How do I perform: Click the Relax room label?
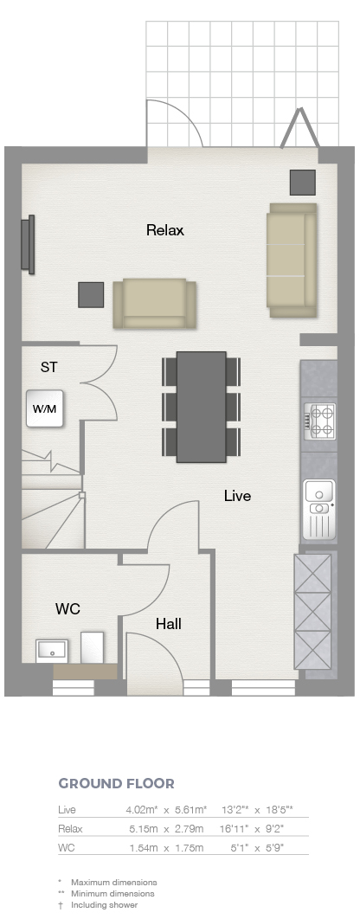click(164, 230)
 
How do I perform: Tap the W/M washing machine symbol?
click(44, 408)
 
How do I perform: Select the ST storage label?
click(48, 368)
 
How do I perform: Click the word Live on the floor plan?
click(237, 496)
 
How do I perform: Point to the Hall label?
click(168, 625)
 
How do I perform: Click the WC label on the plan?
click(67, 609)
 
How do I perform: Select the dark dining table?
click(201, 407)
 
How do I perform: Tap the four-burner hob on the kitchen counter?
click(319, 421)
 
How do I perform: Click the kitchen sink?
click(319, 510)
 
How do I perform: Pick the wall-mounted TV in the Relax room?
click(28, 244)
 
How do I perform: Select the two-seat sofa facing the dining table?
click(154, 304)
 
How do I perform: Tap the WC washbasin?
click(52, 651)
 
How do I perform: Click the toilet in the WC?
click(92, 647)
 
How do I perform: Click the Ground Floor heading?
click(116, 784)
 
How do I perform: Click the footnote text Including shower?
click(105, 905)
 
